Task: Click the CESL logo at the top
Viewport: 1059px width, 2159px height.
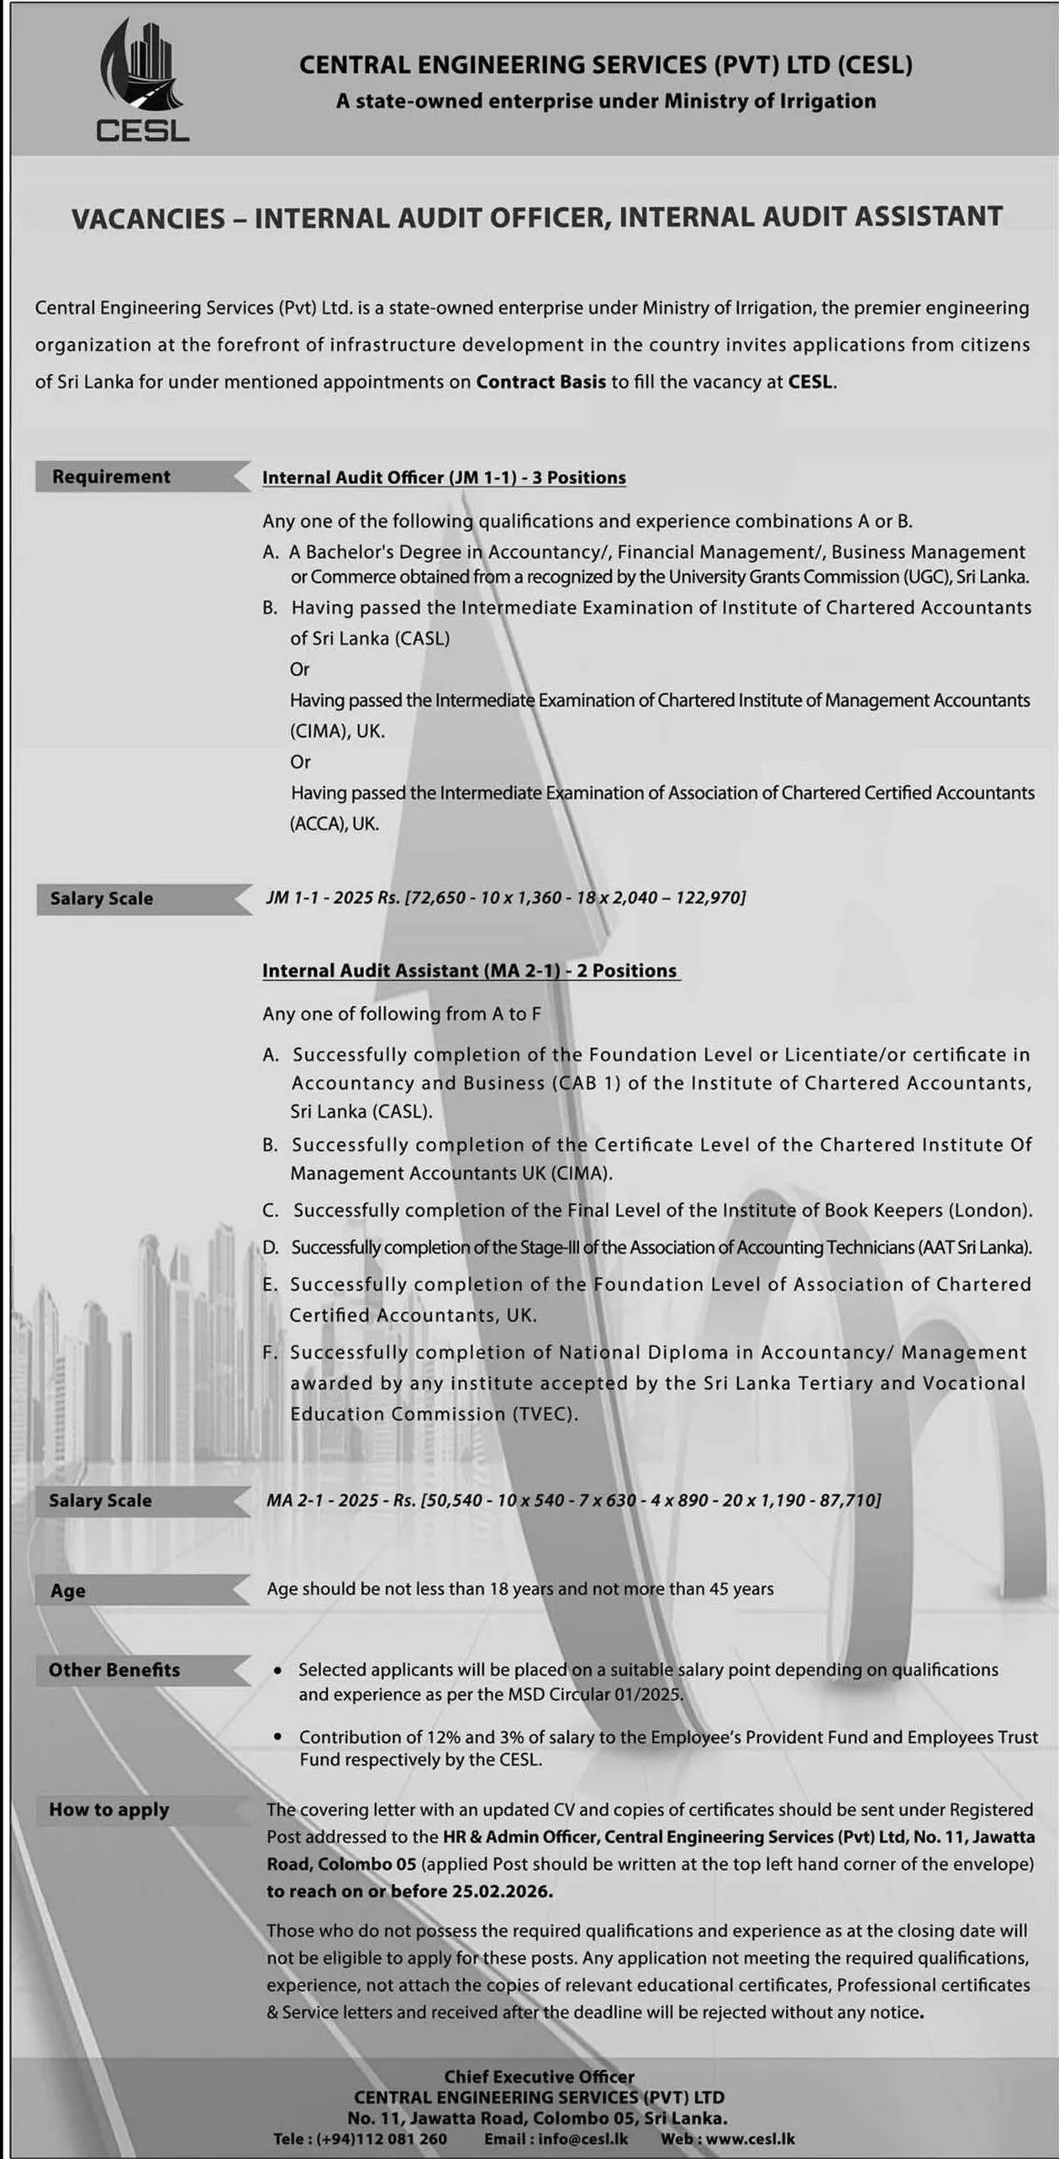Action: pos(143,81)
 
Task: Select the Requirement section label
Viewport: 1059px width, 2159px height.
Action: pos(111,477)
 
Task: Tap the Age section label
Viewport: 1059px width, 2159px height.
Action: pos(68,1590)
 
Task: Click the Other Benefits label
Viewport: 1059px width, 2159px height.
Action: pos(114,1669)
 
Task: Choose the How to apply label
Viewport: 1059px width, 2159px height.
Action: pos(108,1809)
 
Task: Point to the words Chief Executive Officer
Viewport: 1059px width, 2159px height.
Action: pos(539,2076)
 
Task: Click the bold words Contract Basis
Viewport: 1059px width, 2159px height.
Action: pos(540,382)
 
